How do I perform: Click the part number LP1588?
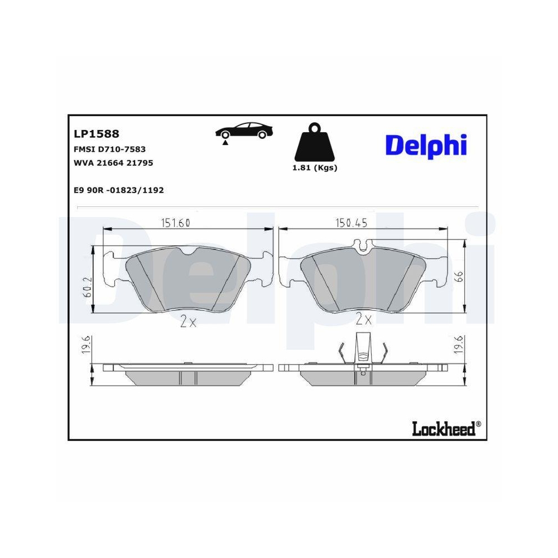click(97, 134)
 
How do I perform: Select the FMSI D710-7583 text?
click(109, 149)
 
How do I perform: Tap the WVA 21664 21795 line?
click(113, 163)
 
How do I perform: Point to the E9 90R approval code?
click(118, 190)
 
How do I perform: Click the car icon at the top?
click(245, 131)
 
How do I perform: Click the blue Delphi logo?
click(426, 145)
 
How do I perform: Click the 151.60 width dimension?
click(176, 223)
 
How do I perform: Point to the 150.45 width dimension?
click(351, 223)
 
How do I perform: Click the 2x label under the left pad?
click(188, 322)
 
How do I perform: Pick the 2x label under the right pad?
click(363, 320)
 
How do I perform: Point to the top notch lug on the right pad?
click(363, 244)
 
